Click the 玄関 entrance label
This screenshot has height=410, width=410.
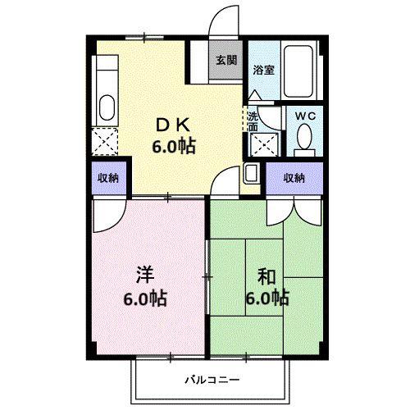pyautogui.click(x=226, y=60)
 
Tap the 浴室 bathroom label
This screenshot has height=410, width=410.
pyautogui.click(x=263, y=70)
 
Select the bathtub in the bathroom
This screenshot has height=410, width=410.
pyautogui.click(x=298, y=71)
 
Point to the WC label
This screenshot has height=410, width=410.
pyautogui.click(x=306, y=116)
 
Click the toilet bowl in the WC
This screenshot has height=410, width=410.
pyautogui.click(x=304, y=136)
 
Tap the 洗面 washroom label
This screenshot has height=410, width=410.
pyautogui.click(x=253, y=122)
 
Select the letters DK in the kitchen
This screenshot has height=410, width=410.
pyautogui.click(x=172, y=125)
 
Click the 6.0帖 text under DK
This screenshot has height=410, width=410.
pyautogui.click(x=174, y=146)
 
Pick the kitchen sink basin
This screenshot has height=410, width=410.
pyautogui.click(x=107, y=107)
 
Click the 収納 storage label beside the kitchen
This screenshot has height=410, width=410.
pyautogui.click(x=108, y=178)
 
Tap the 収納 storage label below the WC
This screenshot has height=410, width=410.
pyautogui.click(x=294, y=178)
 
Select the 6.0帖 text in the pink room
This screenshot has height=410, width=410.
pyautogui.click(x=145, y=298)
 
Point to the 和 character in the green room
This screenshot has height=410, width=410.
pyautogui.click(x=266, y=276)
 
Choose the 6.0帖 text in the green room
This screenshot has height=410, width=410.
pyautogui.click(x=267, y=298)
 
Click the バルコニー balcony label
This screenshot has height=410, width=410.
pyautogui.click(x=212, y=380)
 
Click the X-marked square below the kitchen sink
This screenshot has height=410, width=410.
pyautogui.click(x=105, y=142)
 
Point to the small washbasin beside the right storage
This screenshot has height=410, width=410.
pyautogui.click(x=251, y=174)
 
